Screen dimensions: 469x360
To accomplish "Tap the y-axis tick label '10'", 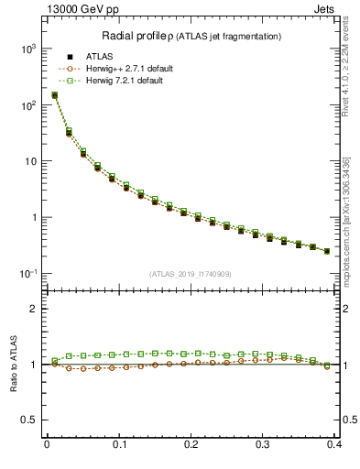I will pyautogui.click(x=32, y=161).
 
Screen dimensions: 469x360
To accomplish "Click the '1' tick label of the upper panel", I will pyautogui.click(x=36, y=218).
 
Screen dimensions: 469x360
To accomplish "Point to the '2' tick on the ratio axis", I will pyautogui.click(x=36, y=309).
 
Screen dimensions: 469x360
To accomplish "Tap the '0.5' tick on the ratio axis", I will pyautogui.click(x=31, y=420).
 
